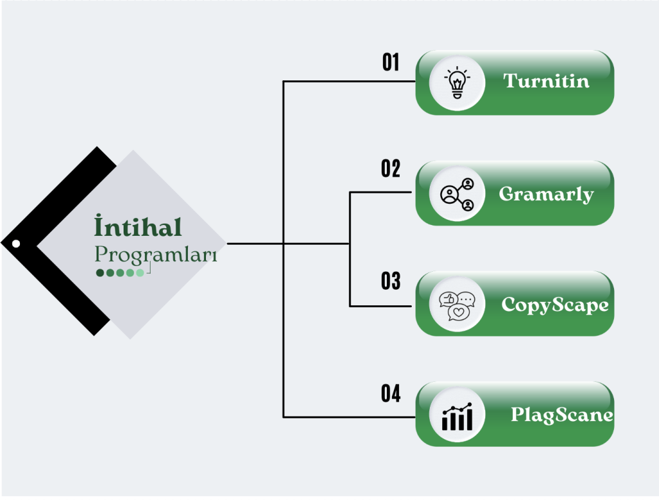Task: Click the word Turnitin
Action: [x=546, y=81]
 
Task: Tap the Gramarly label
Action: [x=546, y=193]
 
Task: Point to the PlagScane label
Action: [x=562, y=415]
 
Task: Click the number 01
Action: [x=391, y=62]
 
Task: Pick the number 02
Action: [x=391, y=169]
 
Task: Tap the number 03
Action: [x=391, y=281]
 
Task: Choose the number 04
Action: [x=391, y=393]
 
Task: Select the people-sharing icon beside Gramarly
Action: [x=457, y=193]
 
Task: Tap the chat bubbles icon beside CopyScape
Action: [x=457, y=304]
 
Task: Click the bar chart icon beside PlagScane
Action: [x=457, y=416]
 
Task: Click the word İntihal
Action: [x=138, y=228]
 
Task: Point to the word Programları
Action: [x=156, y=254]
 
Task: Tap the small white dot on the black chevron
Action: [x=16, y=244]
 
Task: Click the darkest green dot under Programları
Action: [x=100, y=272]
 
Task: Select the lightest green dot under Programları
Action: [x=140, y=272]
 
